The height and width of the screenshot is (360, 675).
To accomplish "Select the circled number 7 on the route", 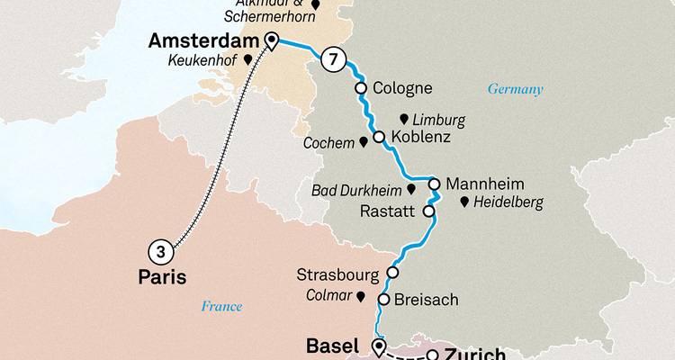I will pos(333,59).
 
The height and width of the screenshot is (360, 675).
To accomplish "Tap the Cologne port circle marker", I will pos(361,88).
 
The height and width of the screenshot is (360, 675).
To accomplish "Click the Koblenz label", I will pos(421,139).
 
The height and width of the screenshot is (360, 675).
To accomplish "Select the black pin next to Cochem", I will pos(364,141).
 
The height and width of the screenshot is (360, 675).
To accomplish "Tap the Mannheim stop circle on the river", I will pos(434,184).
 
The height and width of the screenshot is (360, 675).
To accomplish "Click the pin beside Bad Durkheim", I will pos(410,190).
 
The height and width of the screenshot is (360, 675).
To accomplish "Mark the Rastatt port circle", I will pos(428,212).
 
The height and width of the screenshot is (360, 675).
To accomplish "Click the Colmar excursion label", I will pos(329,294).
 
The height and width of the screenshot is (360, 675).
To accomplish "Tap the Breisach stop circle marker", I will pos(384,300).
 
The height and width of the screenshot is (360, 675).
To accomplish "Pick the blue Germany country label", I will pos(517,90).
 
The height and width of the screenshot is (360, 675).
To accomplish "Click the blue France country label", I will pos(221,306).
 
